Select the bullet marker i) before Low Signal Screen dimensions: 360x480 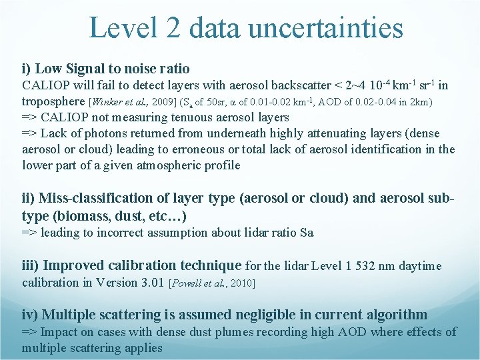pos(27,69)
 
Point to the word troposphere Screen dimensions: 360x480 pos(53,101)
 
